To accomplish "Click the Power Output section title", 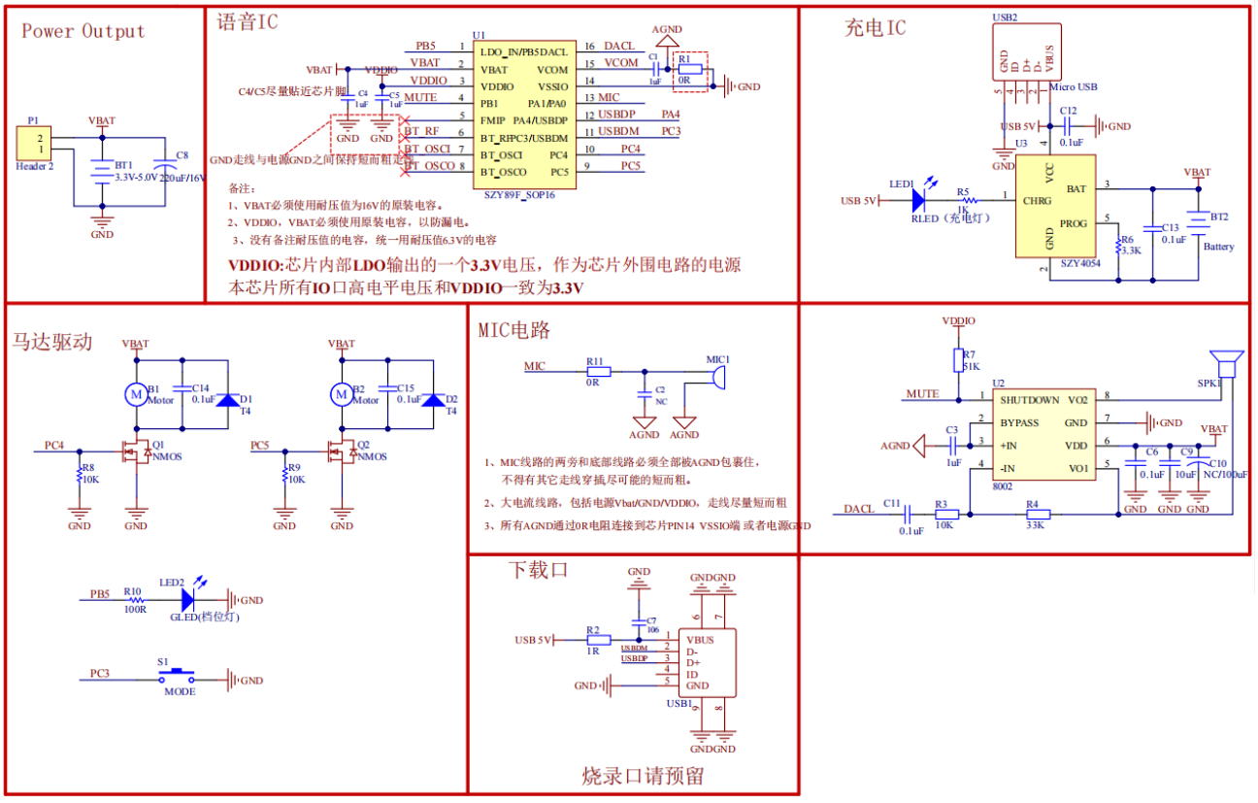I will (x=83, y=31).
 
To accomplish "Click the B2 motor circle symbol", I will (x=341, y=394).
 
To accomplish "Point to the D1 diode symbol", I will (x=227, y=399).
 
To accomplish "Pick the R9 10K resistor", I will (x=284, y=474).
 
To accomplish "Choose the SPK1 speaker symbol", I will (x=1227, y=365).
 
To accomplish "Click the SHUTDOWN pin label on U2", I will (x=1030, y=399).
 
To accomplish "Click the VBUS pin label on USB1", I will (x=700, y=640).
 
